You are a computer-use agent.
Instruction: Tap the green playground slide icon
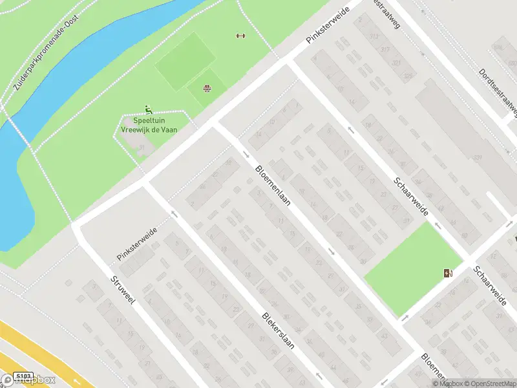pos(149,110)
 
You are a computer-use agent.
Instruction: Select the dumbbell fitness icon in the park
pos(241,36)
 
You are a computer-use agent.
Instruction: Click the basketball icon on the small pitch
pos(207,89)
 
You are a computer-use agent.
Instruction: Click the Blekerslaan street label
pos(279,331)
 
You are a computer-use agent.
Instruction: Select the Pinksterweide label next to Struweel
pos(137,244)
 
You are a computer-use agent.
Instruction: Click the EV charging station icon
pos(447,274)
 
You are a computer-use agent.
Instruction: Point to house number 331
pos(478,157)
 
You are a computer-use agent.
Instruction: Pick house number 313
pos(374,36)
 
